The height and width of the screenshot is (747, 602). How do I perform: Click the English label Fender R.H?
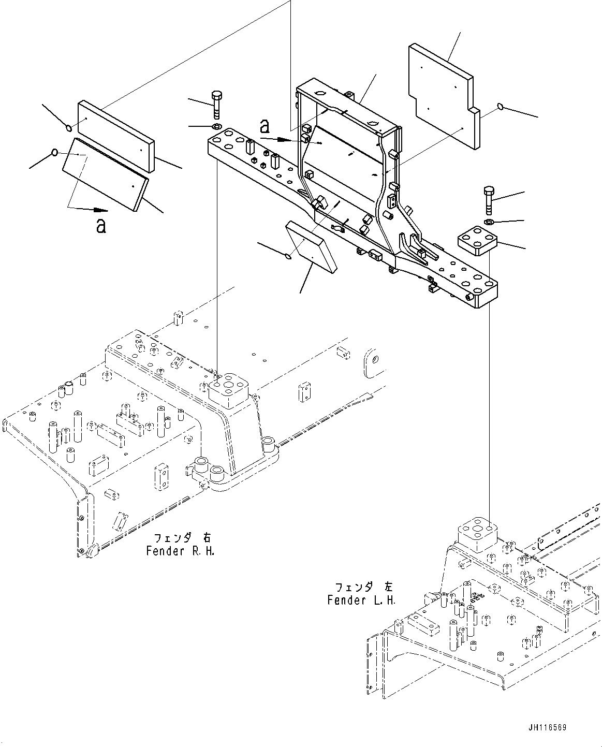pyautogui.click(x=180, y=550)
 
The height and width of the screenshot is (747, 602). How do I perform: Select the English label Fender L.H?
pyautogui.click(x=361, y=600)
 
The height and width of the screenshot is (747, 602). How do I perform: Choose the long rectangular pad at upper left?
pyautogui.click(x=116, y=136)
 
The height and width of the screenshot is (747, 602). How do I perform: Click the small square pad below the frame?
pyautogui.click(x=310, y=245)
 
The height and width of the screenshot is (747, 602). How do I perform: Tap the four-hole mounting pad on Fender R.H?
pyautogui.click(x=228, y=390)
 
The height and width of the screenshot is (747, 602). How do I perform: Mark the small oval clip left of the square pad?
pyautogui.click(x=289, y=254)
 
